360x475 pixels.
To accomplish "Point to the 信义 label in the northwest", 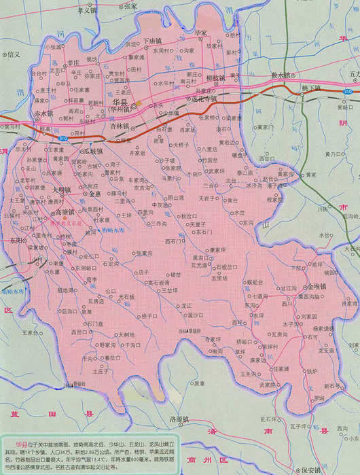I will pos(13,53).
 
